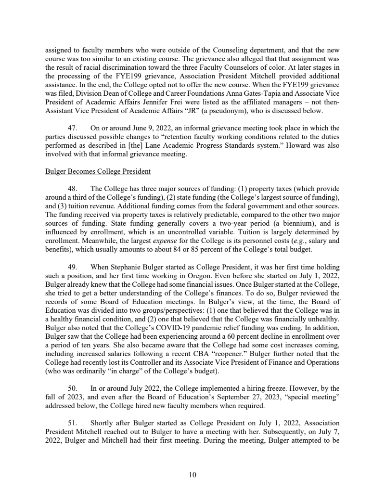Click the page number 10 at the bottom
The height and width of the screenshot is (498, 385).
click(x=192, y=475)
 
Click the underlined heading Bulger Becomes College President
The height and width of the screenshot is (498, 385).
click(x=98, y=172)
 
